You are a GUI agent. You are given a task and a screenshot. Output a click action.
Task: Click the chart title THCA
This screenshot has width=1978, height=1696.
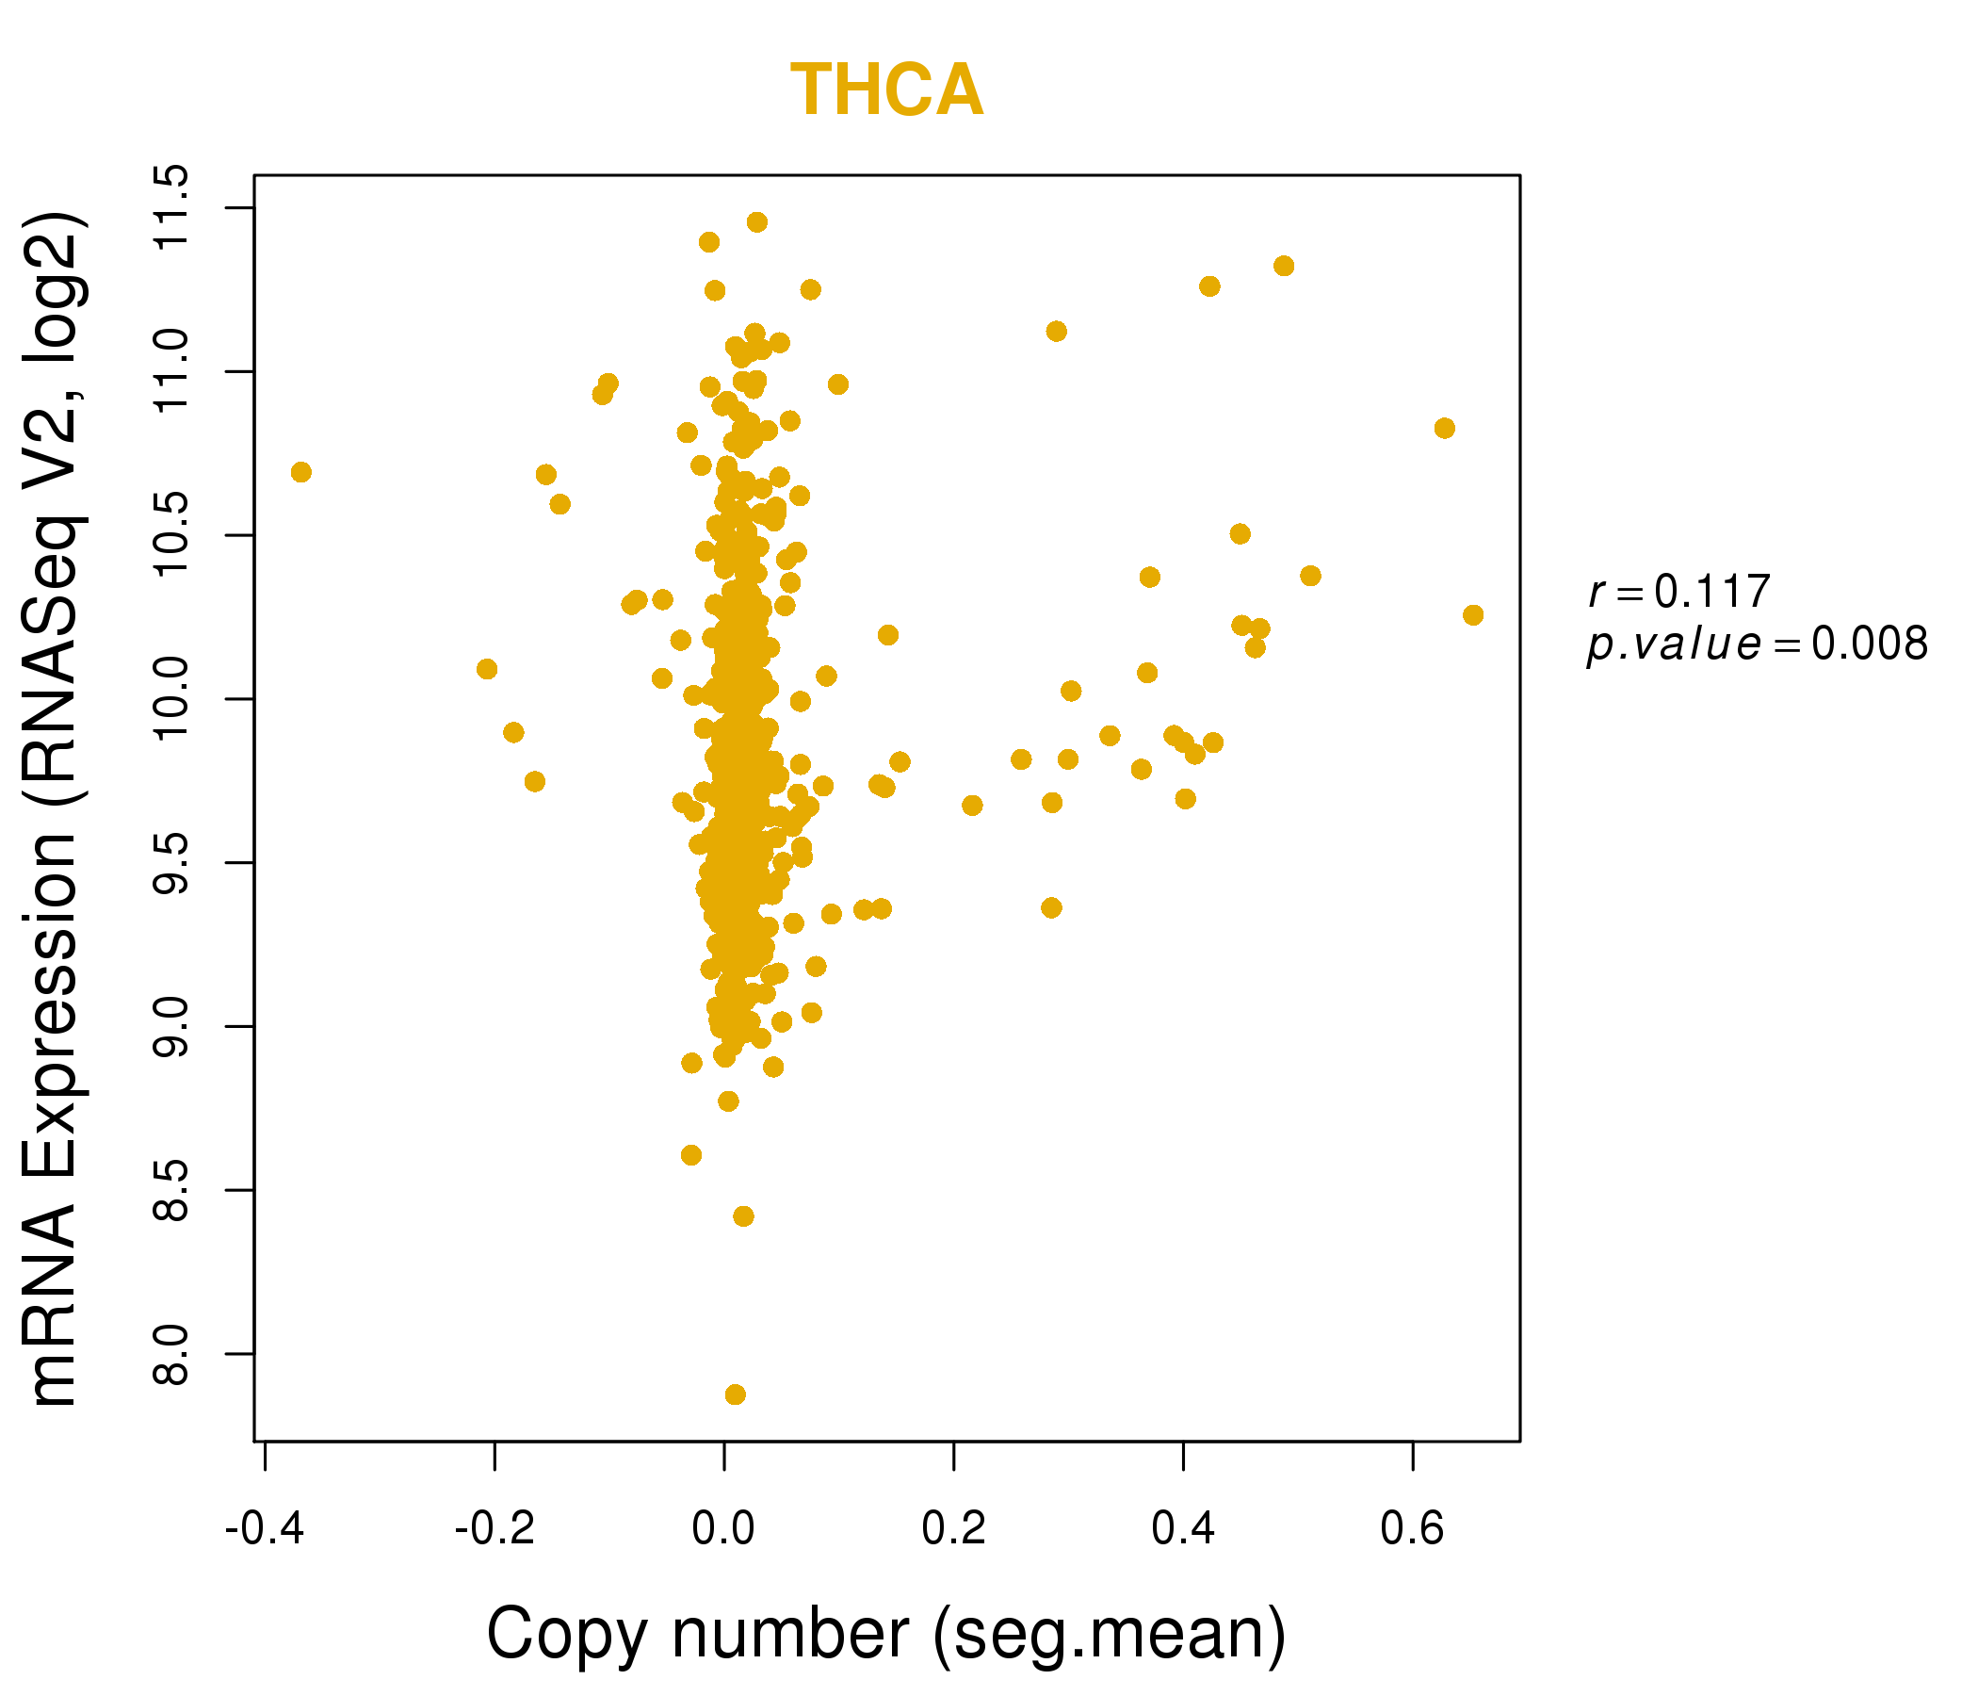pyautogui.click(x=886, y=90)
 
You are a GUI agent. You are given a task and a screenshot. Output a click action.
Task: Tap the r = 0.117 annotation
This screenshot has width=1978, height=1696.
pyautogui.click(x=1678, y=592)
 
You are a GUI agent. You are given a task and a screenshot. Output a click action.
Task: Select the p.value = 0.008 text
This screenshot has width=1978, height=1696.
pyautogui.click(x=1757, y=644)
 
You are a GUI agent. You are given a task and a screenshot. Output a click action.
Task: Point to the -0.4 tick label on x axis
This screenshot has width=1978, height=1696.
pyautogui.click(x=265, y=1529)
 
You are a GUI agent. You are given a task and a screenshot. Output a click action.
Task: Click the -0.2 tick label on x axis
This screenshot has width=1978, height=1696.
pyautogui.click(x=494, y=1529)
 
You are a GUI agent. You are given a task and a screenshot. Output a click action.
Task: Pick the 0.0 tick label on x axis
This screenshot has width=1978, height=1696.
pyautogui.click(x=723, y=1529)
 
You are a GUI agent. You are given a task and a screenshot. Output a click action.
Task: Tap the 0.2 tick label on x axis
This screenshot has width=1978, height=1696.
pyautogui.click(x=952, y=1529)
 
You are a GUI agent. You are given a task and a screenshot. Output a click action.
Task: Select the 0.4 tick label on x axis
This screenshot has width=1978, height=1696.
pyautogui.click(x=1183, y=1529)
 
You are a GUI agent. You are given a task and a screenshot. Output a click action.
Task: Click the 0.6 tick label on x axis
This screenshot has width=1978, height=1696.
pyautogui.click(x=1412, y=1529)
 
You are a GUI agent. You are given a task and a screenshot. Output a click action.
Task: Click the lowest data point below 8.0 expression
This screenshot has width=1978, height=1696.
pyautogui.click(x=735, y=1395)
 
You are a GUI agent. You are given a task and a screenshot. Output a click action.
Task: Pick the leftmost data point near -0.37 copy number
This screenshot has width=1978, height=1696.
pyautogui.click(x=300, y=473)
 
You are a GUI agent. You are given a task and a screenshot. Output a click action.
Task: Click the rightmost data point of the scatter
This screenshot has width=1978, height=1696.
pyautogui.click(x=1473, y=615)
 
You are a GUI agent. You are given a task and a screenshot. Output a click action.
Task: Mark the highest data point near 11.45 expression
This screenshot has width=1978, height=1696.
pyautogui.click(x=757, y=222)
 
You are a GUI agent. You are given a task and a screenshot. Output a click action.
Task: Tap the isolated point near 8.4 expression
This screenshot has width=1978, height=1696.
pyautogui.click(x=744, y=1216)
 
